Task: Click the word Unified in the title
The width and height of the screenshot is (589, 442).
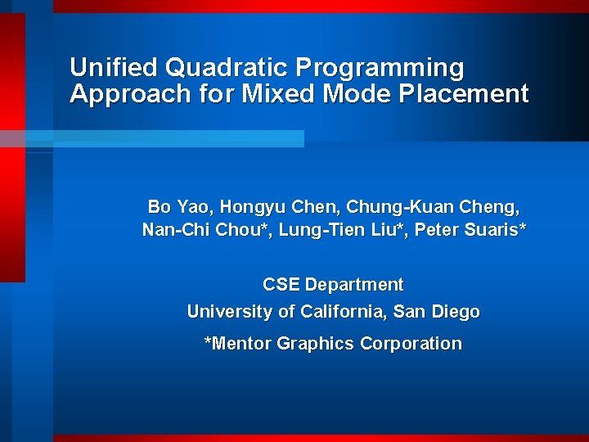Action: click(113, 67)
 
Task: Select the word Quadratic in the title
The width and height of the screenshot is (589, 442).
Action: click(226, 68)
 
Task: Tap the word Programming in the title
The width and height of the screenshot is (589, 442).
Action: click(380, 69)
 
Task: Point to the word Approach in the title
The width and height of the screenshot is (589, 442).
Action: click(130, 94)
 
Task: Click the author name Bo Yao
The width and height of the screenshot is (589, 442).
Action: click(178, 207)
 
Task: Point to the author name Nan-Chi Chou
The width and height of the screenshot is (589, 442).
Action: click(202, 230)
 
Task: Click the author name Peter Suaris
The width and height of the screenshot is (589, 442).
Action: click(466, 230)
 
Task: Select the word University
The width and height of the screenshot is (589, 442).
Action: click(230, 312)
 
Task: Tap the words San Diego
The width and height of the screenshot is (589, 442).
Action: click(436, 312)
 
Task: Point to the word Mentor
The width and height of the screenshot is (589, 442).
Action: click(241, 343)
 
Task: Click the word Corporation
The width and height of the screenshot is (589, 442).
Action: click(411, 344)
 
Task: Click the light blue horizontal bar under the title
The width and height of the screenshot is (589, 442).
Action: click(152, 138)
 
